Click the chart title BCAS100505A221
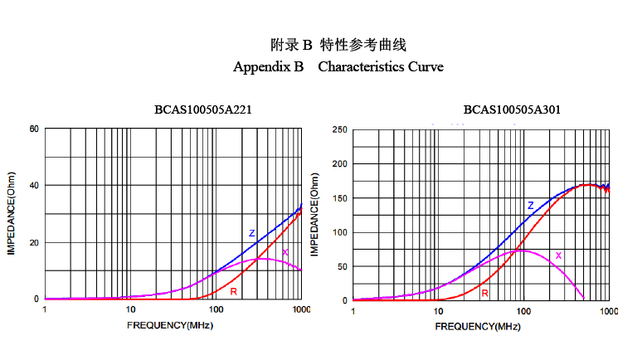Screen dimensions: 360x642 pyautogui.click(x=202, y=109)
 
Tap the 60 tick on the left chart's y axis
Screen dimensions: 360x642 pyautogui.click(x=34, y=129)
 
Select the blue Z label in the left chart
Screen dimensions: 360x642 pyautogui.click(x=251, y=234)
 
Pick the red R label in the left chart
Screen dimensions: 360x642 pyautogui.click(x=234, y=291)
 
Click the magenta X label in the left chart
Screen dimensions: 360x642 pyautogui.click(x=285, y=252)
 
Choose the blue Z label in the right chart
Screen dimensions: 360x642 pyautogui.click(x=530, y=205)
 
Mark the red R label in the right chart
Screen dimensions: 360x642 pyautogui.click(x=484, y=293)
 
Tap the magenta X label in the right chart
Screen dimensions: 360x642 pyautogui.click(x=558, y=255)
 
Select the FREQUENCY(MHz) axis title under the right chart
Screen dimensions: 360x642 pyautogui.click(x=478, y=326)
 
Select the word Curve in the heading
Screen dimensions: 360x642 pyautogui.click(x=426, y=66)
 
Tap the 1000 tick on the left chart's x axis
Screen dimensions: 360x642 pyautogui.click(x=300, y=309)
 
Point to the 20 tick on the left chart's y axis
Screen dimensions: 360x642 pyautogui.click(x=34, y=242)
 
